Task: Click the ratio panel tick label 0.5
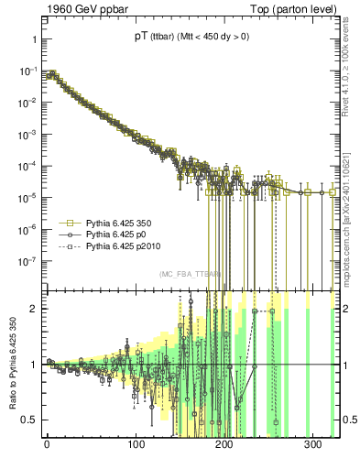pos(27,420)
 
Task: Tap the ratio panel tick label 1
pos(33,365)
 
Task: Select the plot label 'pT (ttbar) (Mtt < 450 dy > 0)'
pos(191,38)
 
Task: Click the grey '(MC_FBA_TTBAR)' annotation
pos(190,274)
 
